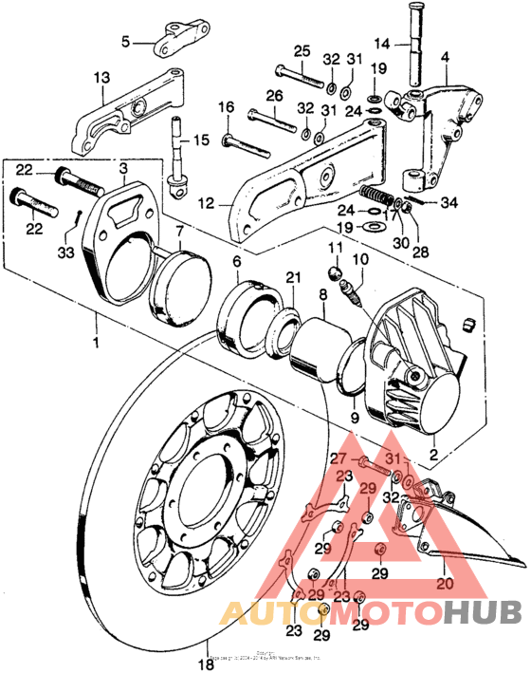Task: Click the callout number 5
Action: (124, 42)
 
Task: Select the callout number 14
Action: (382, 42)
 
